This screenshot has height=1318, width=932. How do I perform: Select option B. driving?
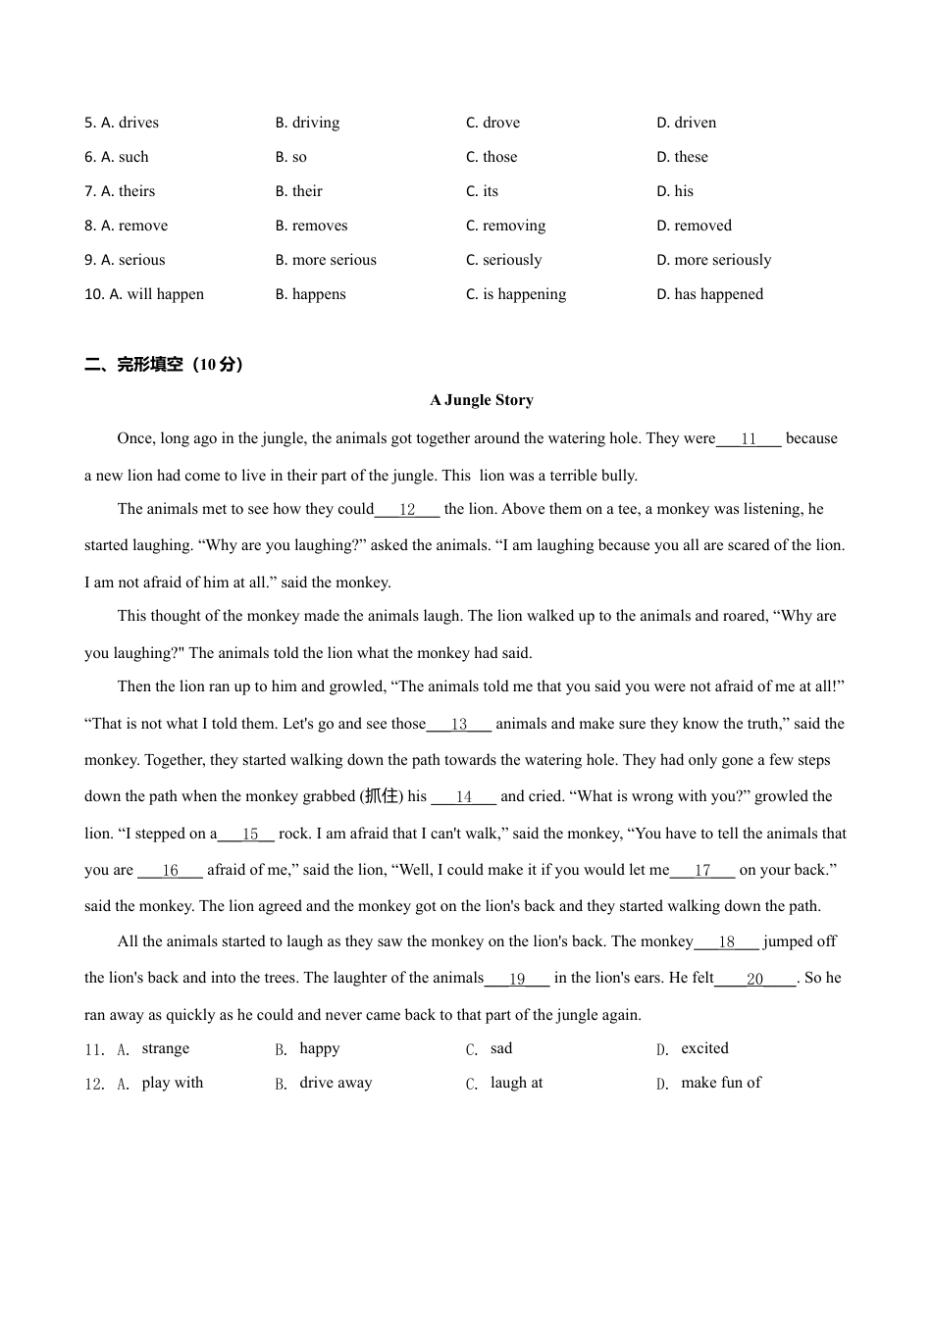coord(307,123)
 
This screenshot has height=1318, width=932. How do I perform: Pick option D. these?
coord(682,157)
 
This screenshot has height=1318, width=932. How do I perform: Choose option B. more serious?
coord(326,260)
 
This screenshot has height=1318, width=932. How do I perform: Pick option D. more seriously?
coord(713,260)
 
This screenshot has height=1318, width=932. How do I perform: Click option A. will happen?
coord(144,294)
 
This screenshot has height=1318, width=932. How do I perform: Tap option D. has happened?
coord(709,294)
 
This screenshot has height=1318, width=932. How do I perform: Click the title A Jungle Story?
coord(482,400)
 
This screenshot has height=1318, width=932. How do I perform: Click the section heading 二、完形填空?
coord(163,365)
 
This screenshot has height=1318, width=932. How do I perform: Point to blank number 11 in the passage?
coord(749,439)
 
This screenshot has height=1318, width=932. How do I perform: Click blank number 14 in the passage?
coord(464,797)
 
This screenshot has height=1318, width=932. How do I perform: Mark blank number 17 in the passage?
coord(702,871)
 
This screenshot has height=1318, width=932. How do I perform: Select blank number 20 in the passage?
coord(754,979)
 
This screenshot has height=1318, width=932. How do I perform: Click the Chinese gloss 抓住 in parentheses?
coord(382,796)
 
